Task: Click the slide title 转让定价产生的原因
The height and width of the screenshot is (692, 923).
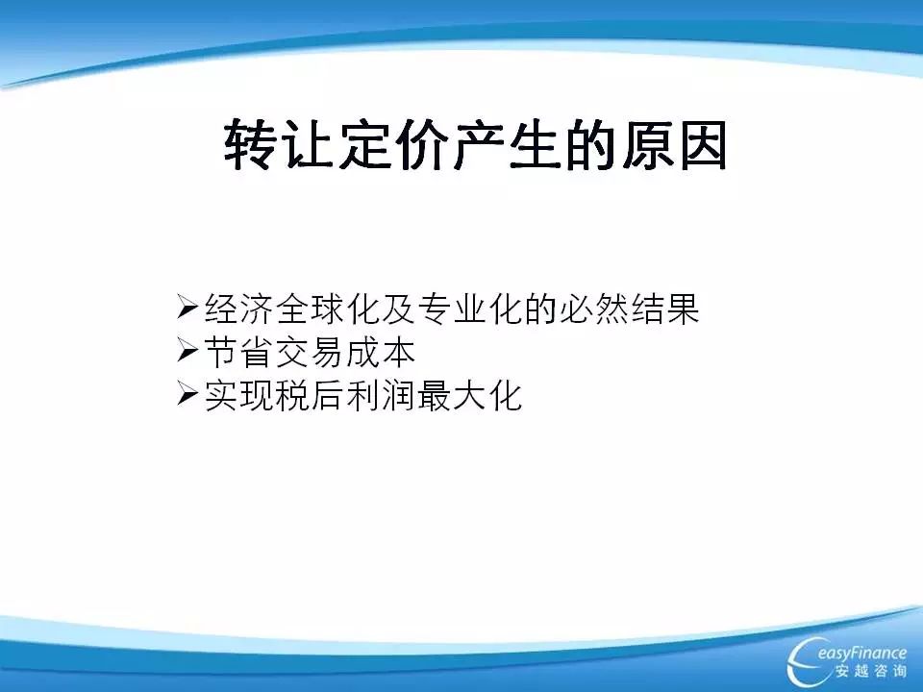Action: coord(475,145)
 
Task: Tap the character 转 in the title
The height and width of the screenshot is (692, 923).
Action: coord(250,145)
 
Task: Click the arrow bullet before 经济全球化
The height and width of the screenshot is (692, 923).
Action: coord(187,307)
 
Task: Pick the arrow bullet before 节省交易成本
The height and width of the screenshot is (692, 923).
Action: coord(187,351)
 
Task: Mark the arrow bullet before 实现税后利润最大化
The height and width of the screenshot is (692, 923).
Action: coord(187,394)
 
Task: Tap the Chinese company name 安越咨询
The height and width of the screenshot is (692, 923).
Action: coord(871,672)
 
